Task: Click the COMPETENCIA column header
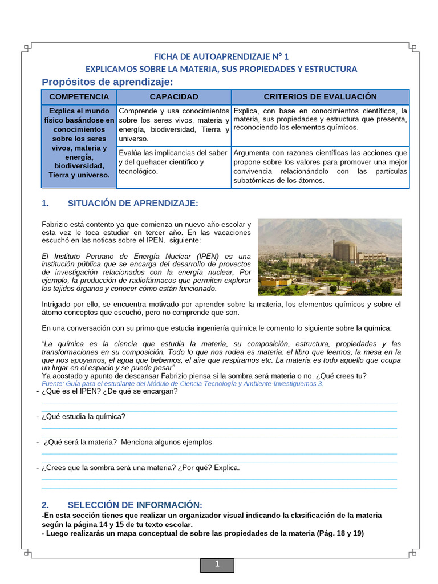point(79,97)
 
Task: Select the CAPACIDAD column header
point(174,97)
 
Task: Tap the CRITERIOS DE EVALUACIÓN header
point(320,97)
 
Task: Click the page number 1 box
point(217,565)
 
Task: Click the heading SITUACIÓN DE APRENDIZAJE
point(132,204)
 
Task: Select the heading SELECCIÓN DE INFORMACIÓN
point(135,505)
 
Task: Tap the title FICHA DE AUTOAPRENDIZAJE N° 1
point(221,56)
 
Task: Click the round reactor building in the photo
point(345,252)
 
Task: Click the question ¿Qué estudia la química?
point(83,416)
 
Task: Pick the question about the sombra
point(140,468)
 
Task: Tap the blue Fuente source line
point(182,384)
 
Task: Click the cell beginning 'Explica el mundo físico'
point(79,143)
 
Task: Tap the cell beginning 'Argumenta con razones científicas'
point(320,167)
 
